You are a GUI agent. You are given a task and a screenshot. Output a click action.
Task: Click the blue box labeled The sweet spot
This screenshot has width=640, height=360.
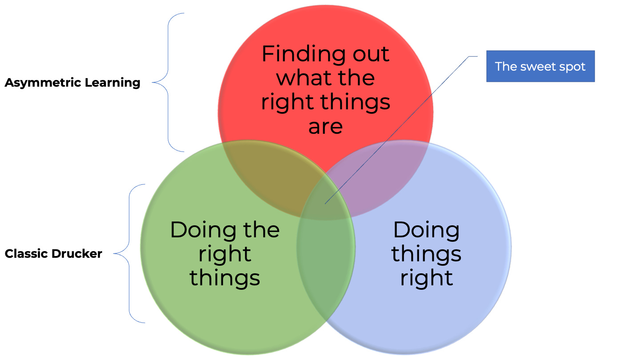[540, 66]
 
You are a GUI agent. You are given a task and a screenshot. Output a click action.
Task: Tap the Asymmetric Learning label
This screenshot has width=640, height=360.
[72, 83]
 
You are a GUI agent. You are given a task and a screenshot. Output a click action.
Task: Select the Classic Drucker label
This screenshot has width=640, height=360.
[53, 254]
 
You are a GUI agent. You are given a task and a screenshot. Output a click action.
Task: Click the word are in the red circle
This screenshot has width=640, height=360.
[325, 126]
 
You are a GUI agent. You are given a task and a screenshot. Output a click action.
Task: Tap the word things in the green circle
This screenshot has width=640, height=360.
[224, 278]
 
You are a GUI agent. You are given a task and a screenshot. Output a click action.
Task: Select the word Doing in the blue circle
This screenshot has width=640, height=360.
[426, 230]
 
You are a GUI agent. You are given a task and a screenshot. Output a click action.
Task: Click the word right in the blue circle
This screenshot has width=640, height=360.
[426, 278]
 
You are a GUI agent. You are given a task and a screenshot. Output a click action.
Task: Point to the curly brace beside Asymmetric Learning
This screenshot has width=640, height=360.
[168, 82]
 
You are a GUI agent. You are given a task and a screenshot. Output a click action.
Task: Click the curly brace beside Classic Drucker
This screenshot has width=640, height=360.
[129, 253]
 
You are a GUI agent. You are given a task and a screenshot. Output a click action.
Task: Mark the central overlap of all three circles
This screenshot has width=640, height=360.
[327, 200]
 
